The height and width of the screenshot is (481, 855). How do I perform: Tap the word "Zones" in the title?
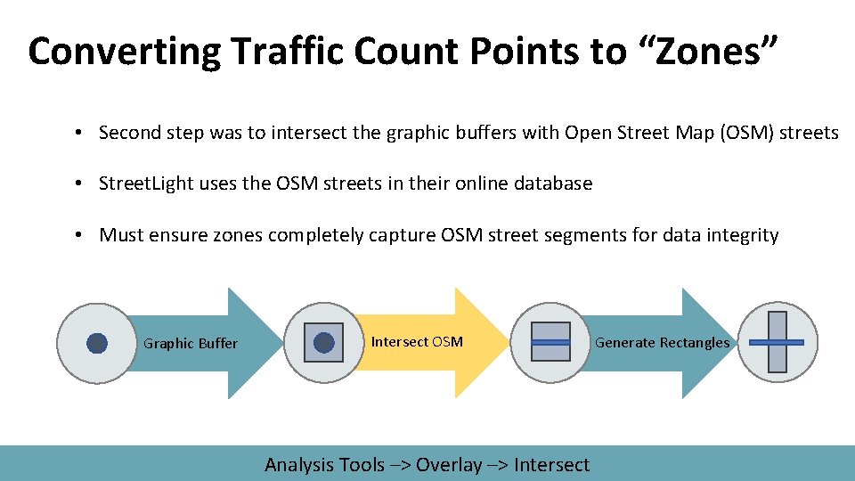tap(709, 52)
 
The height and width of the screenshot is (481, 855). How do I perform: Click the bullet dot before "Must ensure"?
tap(79, 236)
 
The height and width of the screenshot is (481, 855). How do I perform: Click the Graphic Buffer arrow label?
tap(191, 344)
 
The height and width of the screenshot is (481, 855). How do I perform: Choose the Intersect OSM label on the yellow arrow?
tap(417, 342)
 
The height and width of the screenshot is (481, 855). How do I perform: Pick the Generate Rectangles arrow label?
tap(662, 343)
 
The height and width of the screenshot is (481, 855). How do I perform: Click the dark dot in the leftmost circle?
tap(97, 343)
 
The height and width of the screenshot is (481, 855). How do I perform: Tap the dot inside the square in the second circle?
tap(324, 343)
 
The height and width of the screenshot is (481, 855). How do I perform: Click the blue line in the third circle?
tap(550, 342)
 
